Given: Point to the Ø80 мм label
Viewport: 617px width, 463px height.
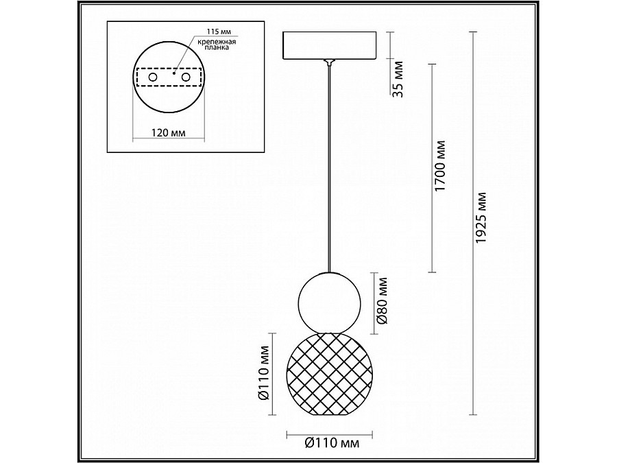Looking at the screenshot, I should click(383, 305).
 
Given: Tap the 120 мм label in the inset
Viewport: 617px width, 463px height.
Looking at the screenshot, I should click(168, 131).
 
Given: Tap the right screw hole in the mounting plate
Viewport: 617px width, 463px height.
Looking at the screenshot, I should click(184, 80).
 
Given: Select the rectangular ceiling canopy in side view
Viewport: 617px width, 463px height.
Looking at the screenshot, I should click(330, 45).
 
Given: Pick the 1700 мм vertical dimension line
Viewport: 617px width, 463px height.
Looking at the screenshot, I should click(431, 168).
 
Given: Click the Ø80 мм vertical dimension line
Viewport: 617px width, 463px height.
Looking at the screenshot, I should click(373, 304).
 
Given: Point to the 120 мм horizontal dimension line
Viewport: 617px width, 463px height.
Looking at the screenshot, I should click(168, 141).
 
